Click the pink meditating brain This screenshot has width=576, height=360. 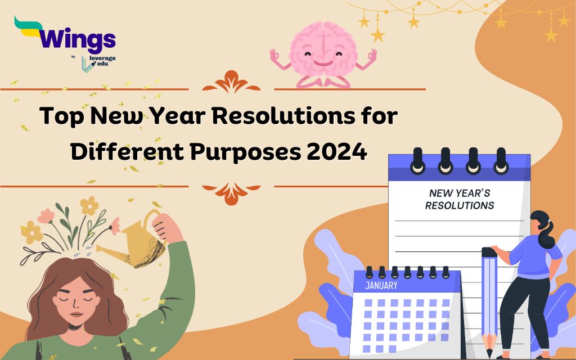click(x=323, y=54)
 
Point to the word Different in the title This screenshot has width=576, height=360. click(x=127, y=151)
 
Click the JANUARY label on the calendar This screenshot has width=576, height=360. click(x=381, y=285)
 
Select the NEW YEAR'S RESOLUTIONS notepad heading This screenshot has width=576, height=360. click(x=460, y=199)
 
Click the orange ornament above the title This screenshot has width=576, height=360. click(x=231, y=82)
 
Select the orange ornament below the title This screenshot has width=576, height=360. click(x=231, y=193)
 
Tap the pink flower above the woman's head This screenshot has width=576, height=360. click(x=46, y=216)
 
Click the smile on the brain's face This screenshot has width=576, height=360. click(x=323, y=63)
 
